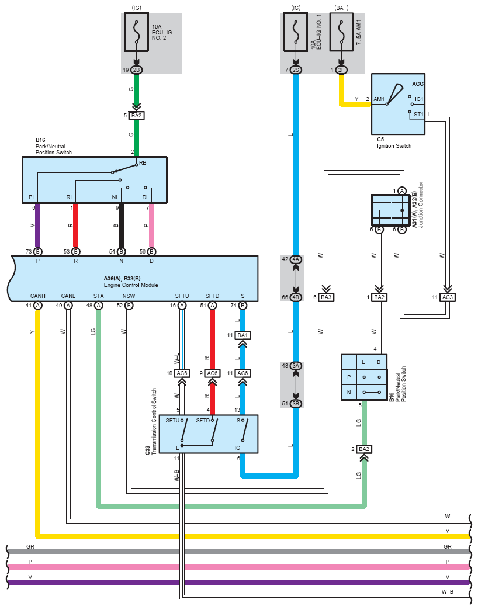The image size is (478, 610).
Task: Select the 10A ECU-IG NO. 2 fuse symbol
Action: [x=136, y=34]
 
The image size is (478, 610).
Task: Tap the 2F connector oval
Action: [x=341, y=70]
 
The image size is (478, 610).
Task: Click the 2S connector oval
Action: [x=296, y=70]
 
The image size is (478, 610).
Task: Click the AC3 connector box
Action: [x=447, y=297]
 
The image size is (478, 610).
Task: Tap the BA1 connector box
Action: [x=243, y=335]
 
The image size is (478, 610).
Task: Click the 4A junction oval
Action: [x=296, y=259]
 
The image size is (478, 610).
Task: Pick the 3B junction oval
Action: [x=296, y=403]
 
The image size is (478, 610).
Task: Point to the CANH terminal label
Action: [x=38, y=296]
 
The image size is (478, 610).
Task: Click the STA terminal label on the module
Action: [x=99, y=296]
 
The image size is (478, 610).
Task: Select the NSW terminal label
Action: [x=129, y=296]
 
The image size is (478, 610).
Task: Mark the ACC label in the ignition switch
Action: [x=418, y=84]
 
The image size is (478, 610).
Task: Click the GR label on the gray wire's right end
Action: [x=447, y=547]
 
